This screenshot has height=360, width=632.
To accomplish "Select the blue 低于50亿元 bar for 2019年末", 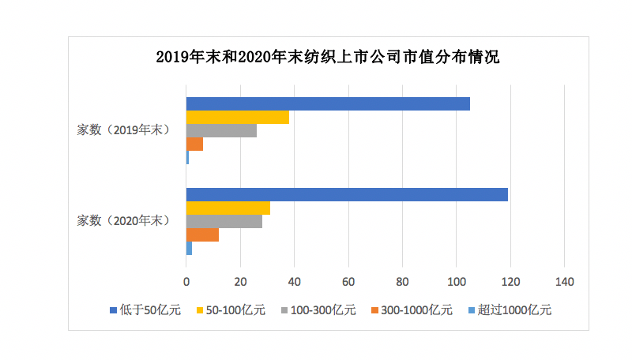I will [x=328, y=104].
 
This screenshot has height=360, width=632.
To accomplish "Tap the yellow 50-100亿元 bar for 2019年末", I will [x=238, y=118].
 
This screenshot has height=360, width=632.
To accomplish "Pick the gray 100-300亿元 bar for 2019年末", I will [x=221, y=131].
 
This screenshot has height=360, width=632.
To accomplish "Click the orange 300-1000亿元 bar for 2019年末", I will [x=194, y=144].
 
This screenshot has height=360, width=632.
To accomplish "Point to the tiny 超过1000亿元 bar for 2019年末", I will [x=187, y=158].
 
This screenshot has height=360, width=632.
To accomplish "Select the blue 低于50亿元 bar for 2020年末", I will [x=347, y=195].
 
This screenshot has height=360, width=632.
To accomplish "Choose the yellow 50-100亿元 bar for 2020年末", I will [x=228, y=208].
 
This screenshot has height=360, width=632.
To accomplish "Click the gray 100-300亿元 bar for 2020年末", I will [x=224, y=222].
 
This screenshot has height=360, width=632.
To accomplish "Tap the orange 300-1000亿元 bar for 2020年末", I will [x=202, y=235].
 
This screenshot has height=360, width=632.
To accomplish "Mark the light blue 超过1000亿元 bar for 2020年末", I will [x=189, y=249].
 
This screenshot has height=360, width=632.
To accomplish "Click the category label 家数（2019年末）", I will [x=123, y=130].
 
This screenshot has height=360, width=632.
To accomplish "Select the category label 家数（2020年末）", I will [x=123, y=221].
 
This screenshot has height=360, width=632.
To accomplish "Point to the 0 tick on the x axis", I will [x=186, y=282].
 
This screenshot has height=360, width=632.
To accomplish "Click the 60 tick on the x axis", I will [x=348, y=282].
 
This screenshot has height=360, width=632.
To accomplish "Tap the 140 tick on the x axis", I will [x=564, y=282].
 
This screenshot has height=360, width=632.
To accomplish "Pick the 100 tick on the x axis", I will [x=456, y=282].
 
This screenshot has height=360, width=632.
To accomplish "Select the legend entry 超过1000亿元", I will [x=513, y=310].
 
